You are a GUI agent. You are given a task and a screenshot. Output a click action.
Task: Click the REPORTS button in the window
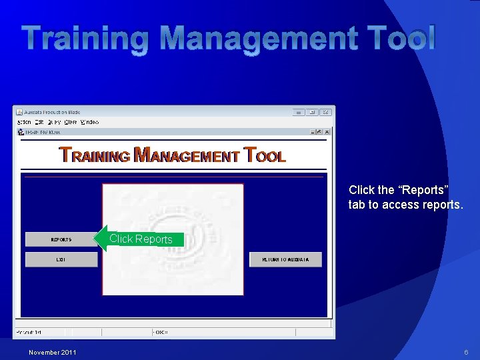61,239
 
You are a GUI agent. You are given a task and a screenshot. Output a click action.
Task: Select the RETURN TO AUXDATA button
285,259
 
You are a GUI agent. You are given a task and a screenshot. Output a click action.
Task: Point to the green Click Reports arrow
139,239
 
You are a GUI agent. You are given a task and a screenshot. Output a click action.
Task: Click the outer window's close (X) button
326,112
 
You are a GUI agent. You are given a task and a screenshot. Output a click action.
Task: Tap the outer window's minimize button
298,112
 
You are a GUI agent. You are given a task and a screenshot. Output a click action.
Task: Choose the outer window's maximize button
312,112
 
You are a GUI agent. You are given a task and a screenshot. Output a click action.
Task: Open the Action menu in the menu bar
24,122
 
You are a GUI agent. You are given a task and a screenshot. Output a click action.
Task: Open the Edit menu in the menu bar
39,122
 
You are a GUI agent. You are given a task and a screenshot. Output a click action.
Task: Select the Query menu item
54,122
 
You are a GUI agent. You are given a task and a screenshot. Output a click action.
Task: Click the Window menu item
89,122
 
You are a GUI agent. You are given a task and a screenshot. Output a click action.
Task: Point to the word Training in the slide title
84,39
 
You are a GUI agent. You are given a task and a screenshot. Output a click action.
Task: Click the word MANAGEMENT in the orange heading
187,156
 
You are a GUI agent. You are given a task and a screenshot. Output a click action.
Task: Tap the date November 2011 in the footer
53,352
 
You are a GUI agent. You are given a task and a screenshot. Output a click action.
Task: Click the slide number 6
465,352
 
